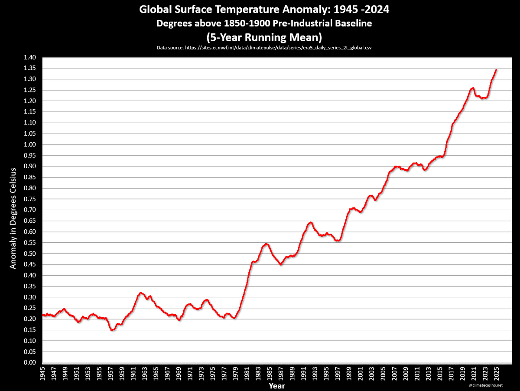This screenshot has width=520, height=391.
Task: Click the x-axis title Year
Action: pos(276,385)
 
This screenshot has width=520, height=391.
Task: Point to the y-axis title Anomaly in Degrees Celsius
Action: pos(13,218)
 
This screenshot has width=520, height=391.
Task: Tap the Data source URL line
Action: pos(264,48)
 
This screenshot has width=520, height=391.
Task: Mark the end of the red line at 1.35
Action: pos(496,69)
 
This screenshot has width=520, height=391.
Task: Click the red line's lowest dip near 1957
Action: pos(112,330)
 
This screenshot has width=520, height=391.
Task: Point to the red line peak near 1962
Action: pos(140,293)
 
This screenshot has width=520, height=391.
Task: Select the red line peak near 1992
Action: pos(310,222)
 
